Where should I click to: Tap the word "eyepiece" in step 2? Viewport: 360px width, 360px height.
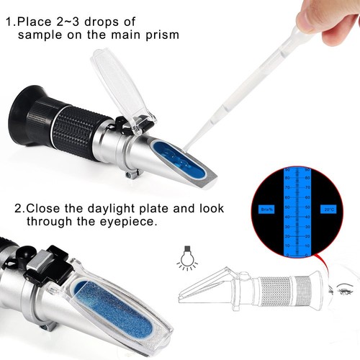132,222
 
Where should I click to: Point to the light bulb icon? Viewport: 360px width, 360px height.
185,256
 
